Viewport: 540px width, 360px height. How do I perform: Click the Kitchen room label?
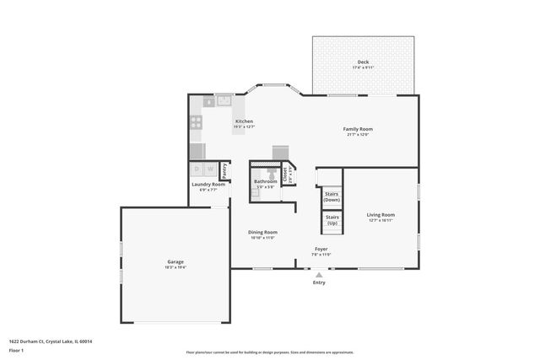point(244,121)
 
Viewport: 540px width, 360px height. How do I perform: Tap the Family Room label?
point(358,129)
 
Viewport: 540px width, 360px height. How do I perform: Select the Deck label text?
point(363,62)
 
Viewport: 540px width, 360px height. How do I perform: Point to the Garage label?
point(175,262)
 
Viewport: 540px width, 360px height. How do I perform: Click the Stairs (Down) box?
point(332,196)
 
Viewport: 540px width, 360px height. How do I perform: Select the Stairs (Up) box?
point(332,222)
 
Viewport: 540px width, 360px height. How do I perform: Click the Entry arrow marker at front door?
point(319,274)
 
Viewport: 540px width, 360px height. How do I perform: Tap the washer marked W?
point(211,169)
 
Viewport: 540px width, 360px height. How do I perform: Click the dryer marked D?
point(197,169)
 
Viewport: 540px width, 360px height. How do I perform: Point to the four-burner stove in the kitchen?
point(197,121)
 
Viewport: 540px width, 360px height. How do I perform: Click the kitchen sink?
point(224,100)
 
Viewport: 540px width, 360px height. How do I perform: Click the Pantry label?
point(225,169)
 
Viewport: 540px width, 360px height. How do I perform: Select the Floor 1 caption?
point(17,350)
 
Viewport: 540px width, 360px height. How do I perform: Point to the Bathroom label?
point(266,181)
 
